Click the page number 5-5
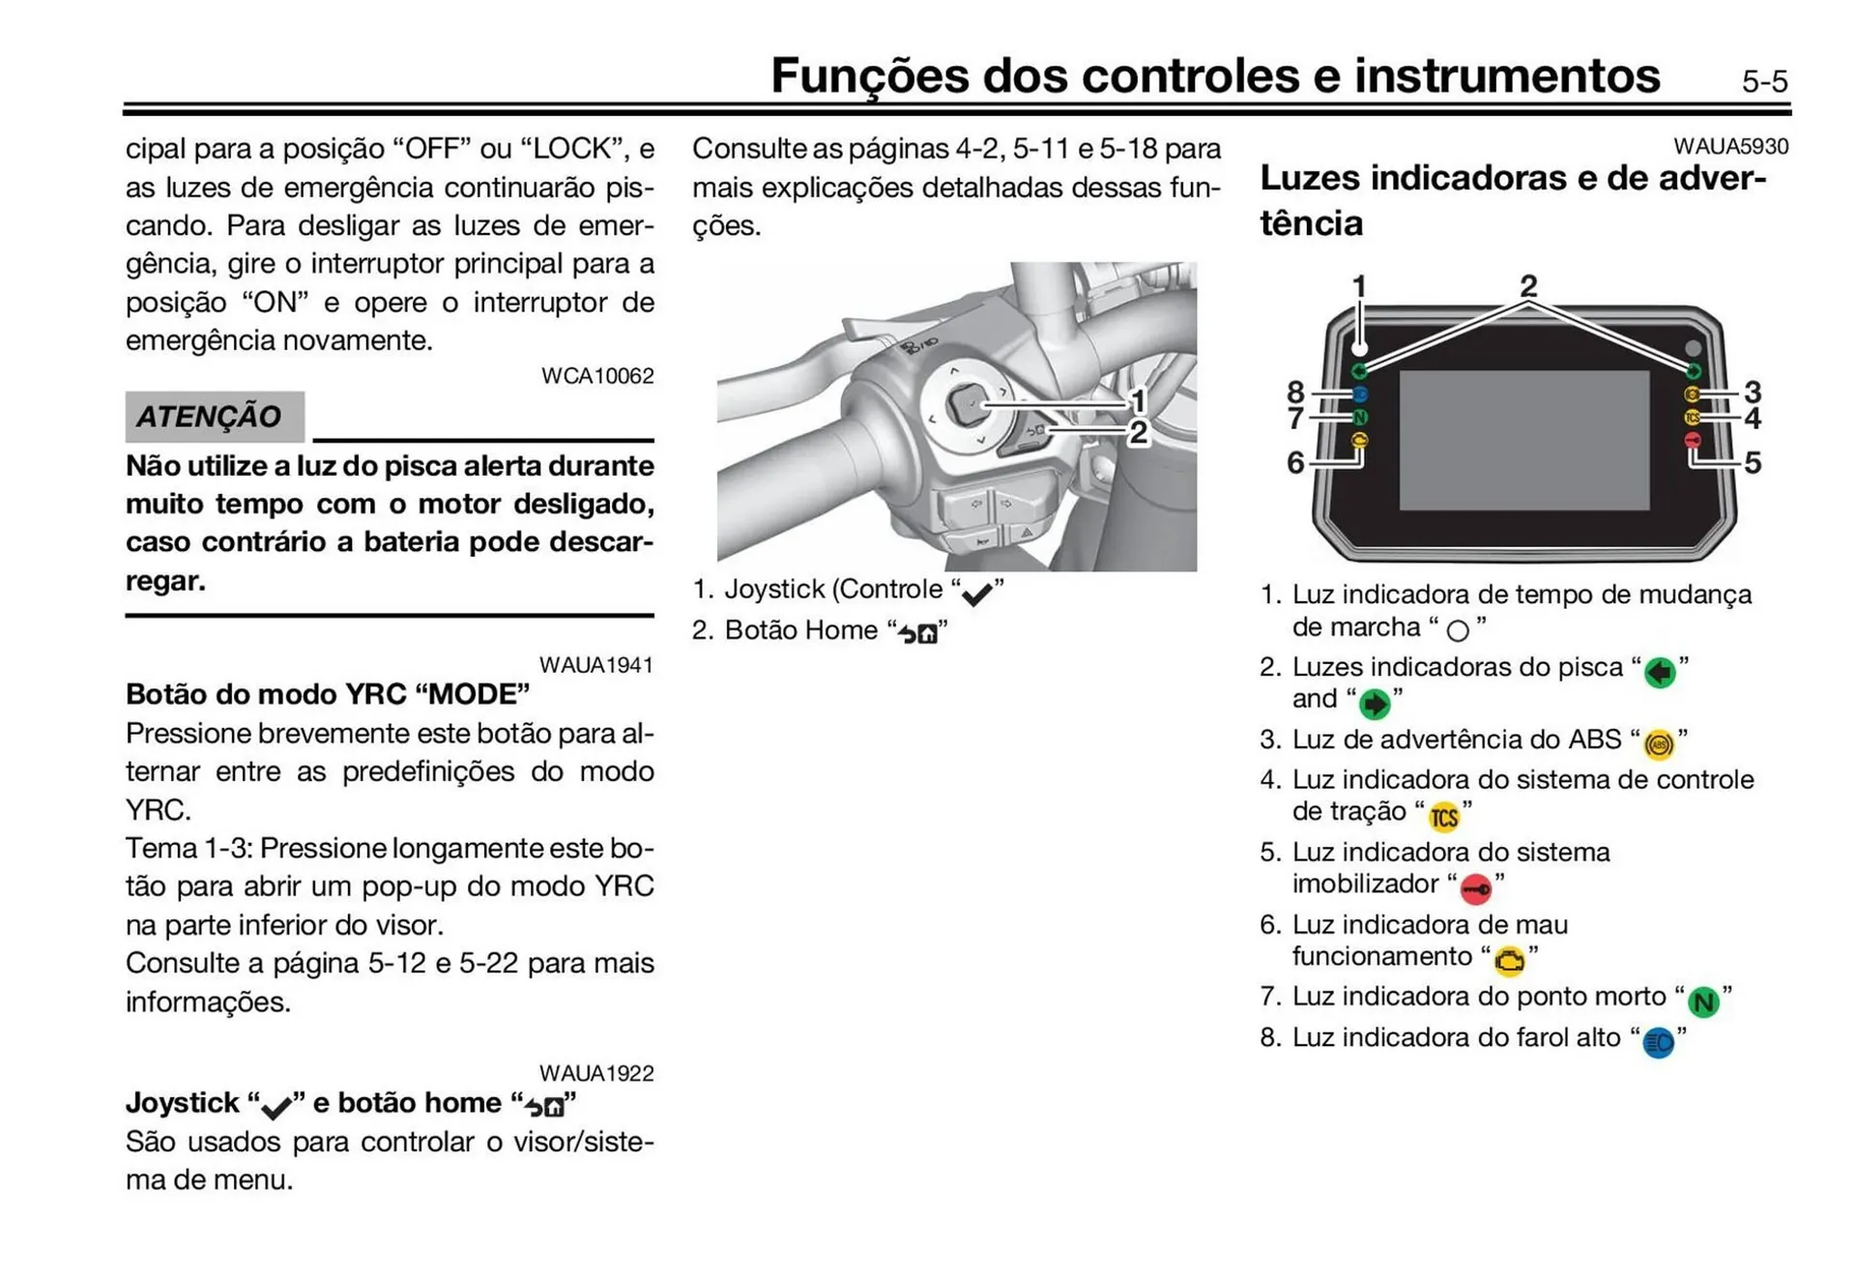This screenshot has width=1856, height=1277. point(1763,81)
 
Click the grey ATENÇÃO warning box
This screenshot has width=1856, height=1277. point(214,417)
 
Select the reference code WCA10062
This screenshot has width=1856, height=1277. point(596,376)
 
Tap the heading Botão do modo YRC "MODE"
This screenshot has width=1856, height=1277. point(328,694)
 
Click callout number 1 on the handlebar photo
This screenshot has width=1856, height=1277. point(1138,400)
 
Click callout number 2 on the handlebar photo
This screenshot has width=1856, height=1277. point(1138,432)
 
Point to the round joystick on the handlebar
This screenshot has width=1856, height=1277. point(966,404)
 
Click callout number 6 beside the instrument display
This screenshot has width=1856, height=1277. point(1295,463)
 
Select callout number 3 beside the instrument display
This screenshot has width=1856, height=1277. point(1752,392)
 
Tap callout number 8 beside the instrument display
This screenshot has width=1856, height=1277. point(1295,392)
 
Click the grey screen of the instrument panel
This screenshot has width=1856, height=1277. point(1523,440)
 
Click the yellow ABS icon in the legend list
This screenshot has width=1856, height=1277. point(1659,744)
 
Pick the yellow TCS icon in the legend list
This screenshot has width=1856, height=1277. point(1443,818)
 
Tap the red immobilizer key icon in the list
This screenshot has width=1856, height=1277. point(1475,888)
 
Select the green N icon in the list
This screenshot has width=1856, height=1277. point(1703,1001)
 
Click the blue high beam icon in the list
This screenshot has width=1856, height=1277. point(1659,1043)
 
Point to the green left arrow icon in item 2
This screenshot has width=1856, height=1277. point(1659,672)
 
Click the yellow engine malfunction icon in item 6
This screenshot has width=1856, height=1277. point(1509,961)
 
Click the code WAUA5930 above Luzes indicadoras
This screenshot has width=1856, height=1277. point(1730,147)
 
